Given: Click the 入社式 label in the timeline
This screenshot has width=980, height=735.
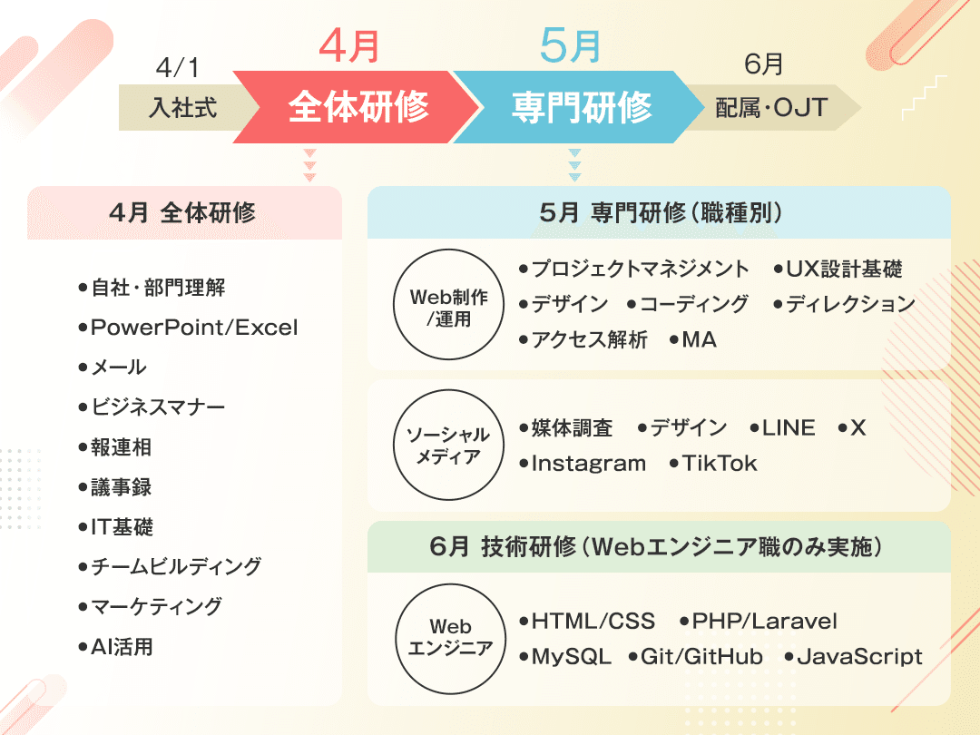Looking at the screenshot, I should pos(183,109).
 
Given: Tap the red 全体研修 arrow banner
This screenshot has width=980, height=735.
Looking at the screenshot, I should pos(358,108).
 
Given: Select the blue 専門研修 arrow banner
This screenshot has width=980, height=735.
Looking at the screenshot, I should pos(581,108).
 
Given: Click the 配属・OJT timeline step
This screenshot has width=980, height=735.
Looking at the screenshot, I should pos(771,109).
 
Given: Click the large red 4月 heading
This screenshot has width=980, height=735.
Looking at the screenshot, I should pos(349,46).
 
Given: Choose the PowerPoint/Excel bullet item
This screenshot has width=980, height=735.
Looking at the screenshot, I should pos(193,328).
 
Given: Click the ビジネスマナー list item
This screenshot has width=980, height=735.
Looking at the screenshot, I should pos(157,407).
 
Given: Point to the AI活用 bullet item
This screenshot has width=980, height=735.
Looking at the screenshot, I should pos(122,647).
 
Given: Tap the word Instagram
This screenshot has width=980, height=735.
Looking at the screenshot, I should pos(588,464).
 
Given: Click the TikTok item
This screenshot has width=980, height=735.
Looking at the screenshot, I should pos(719,464).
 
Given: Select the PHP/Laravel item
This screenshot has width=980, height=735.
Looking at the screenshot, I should pos(764,622).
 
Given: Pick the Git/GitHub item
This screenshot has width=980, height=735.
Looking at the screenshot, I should pos(701,657).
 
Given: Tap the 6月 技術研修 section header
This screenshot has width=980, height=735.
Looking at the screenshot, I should pos(659,547).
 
